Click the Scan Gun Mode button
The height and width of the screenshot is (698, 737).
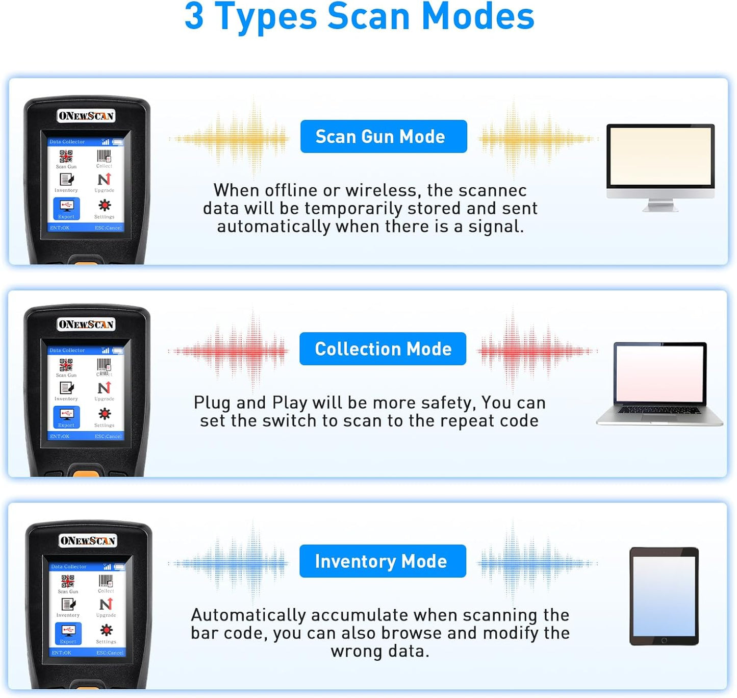384,136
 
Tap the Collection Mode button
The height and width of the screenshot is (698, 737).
383,348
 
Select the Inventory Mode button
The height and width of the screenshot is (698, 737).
383,561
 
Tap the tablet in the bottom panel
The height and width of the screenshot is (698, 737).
664,596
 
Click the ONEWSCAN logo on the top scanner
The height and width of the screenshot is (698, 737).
86,116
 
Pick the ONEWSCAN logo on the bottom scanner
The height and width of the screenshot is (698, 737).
88,540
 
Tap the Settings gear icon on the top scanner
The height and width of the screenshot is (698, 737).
105,206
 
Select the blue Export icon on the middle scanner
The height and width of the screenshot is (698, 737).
66,416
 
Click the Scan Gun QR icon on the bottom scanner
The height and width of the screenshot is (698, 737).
68,582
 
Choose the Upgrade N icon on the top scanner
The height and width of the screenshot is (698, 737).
104,180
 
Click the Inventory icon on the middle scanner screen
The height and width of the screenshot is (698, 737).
66,388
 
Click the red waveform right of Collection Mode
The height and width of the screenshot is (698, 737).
536,351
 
